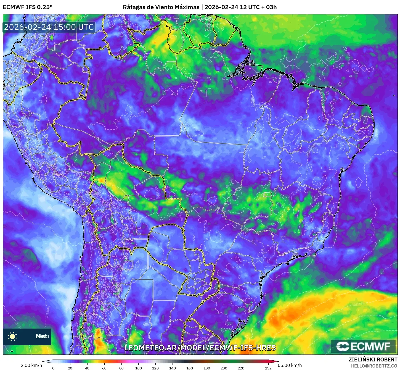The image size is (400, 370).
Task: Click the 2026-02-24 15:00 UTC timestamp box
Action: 49,27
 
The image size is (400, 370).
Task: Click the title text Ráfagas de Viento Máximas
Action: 161,7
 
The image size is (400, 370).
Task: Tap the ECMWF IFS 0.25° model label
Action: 28,7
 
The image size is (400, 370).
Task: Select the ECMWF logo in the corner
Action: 363,346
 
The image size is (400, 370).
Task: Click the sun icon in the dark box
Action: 12,336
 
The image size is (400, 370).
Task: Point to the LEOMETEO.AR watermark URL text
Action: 200,348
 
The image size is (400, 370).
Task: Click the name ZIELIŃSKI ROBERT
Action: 373,359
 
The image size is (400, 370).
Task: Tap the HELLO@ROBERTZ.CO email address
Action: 374,366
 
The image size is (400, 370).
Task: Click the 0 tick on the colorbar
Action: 53,368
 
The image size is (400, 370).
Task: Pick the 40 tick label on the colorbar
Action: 87,368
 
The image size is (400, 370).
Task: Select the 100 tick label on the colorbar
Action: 139,368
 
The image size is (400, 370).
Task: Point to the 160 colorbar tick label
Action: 190,368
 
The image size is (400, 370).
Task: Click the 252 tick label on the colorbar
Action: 268,368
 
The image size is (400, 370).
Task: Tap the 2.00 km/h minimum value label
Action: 31,365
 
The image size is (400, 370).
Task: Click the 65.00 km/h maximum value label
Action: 290,365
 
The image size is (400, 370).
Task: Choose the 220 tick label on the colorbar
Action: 241,368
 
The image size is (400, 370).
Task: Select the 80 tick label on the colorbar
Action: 121,368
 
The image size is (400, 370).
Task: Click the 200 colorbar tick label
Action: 224,368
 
